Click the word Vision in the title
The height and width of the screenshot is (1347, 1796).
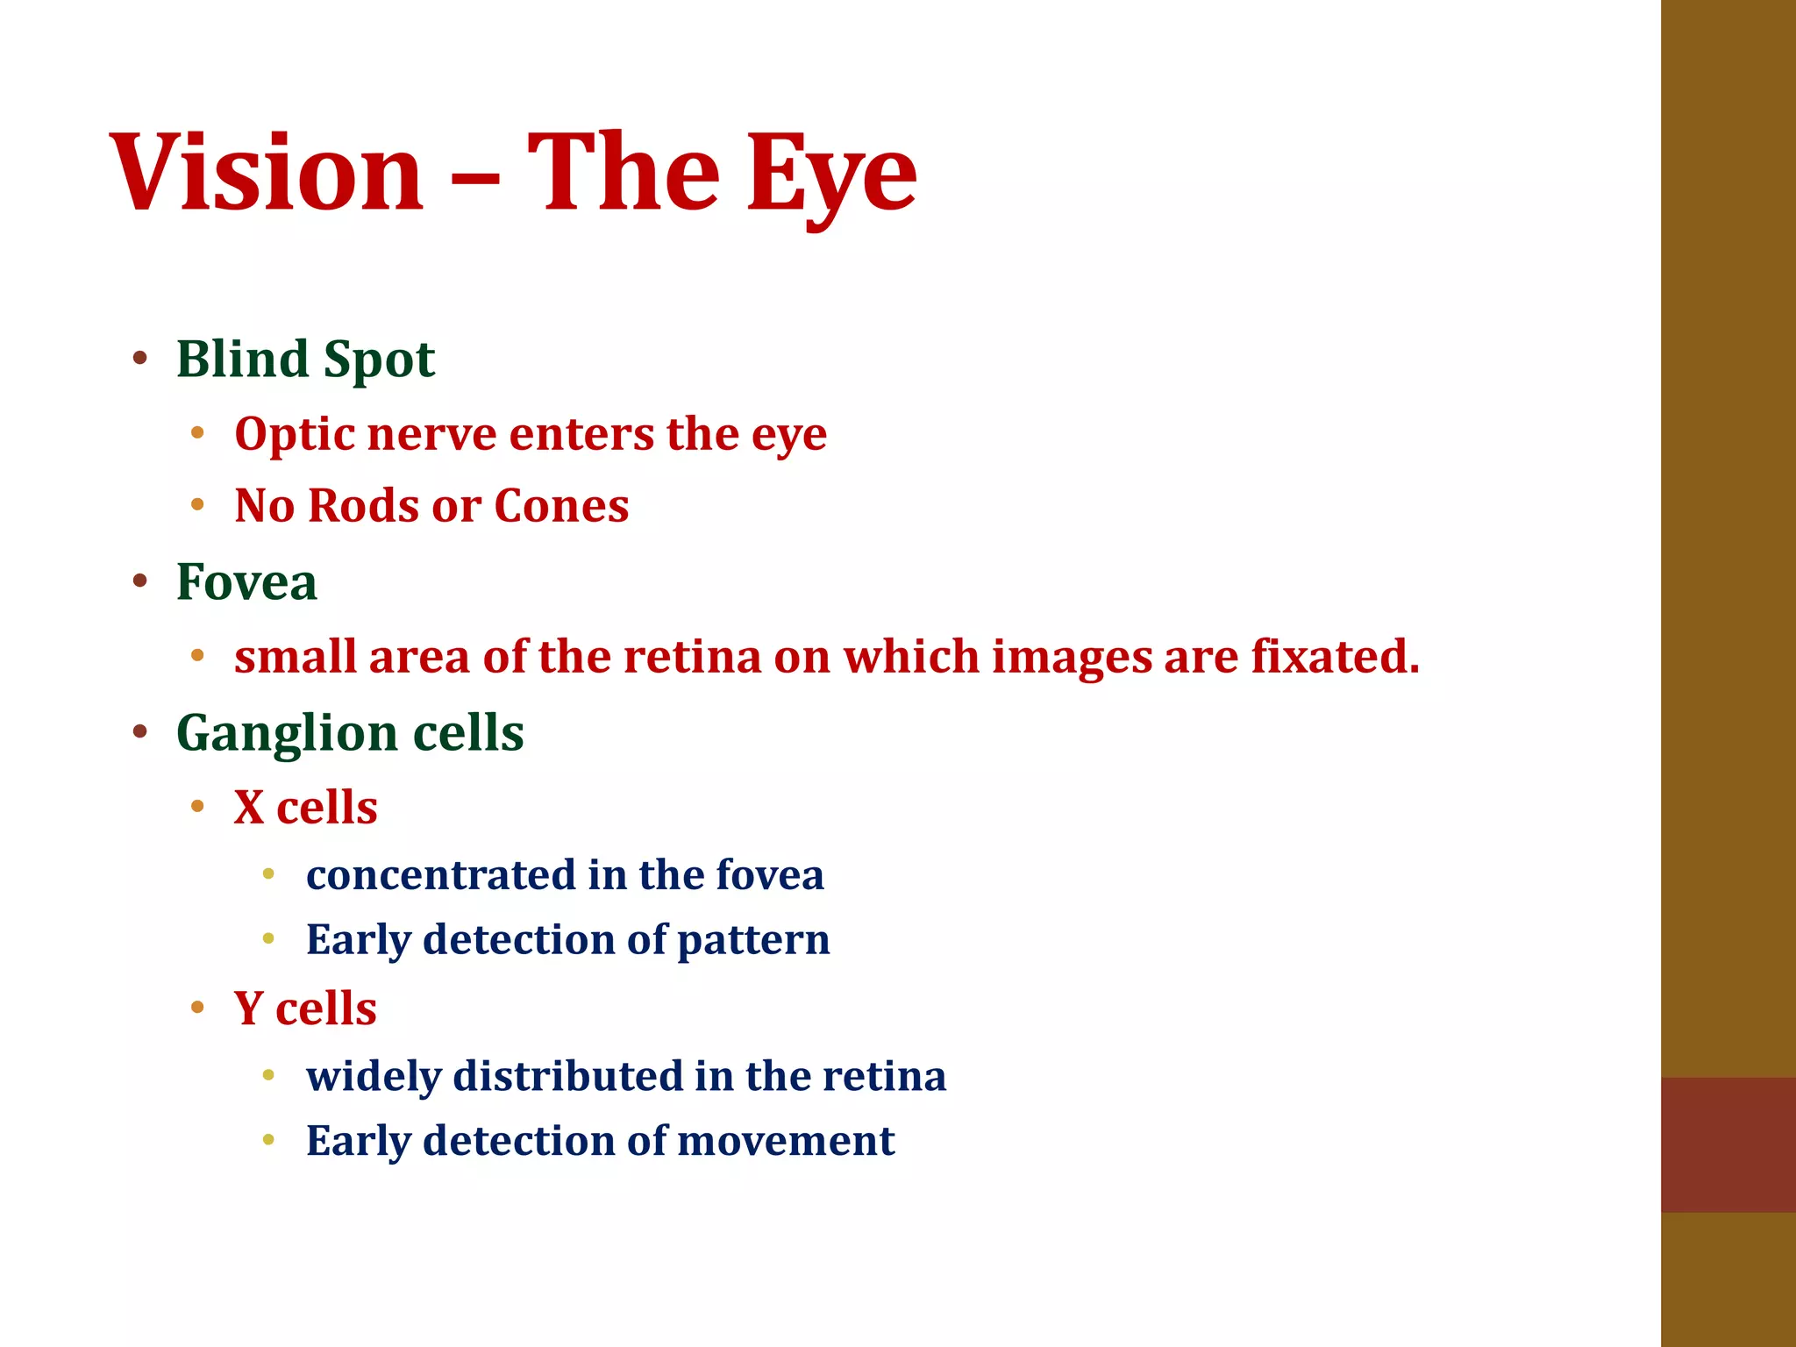pyautogui.click(x=267, y=171)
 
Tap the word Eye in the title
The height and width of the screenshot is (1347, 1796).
pyautogui.click(x=831, y=175)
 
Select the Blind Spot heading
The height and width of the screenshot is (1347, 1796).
pyautogui.click(x=305, y=359)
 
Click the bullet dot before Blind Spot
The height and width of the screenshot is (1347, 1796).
pyautogui.click(x=139, y=358)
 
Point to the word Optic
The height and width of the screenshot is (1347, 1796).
pyautogui.click(x=293, y=435)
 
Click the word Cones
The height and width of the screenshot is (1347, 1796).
pyautogui.click(x=561, y=506)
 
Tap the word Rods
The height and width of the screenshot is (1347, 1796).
pyautogui.click(x=363, y=506)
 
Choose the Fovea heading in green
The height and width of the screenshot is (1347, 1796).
pyautogui.click(x=246, y=581)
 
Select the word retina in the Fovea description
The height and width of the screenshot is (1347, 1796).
pyautogui.click(x=692, y=657)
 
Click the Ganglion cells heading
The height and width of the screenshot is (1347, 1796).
pyautogui.click(x=350, y=732)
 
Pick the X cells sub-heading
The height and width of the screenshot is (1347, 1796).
pyautogui.click(x=305, y=807)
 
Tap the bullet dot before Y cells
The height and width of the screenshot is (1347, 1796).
pyautogui.click(x=197, y=1007)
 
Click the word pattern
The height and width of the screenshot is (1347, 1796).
pyautogui.click(x=753, y=939)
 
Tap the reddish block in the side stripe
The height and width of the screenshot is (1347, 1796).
pyautogui.click(x=1728, y=1144)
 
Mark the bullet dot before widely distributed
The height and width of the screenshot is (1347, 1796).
pyautogui.click(x=268, y=1075)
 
